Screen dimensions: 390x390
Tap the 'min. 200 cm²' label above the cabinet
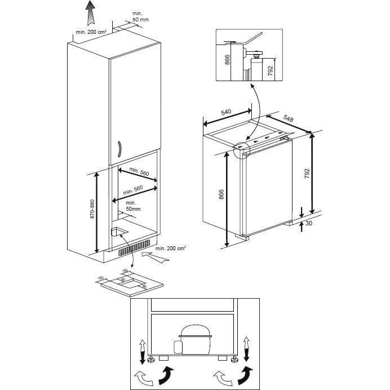(x=91, y=32)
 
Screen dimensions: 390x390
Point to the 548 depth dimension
(x=288, y=119)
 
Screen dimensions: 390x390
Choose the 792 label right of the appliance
(x=306, y=171)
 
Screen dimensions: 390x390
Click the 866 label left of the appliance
(x=221, y=194)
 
